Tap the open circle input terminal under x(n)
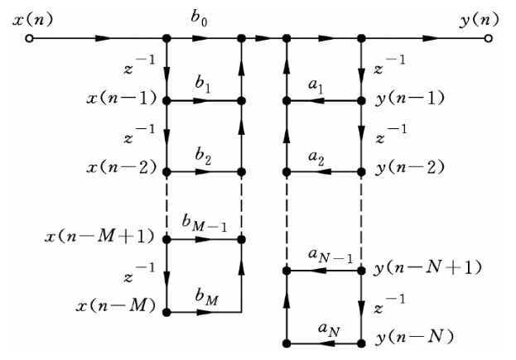[30, 39]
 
